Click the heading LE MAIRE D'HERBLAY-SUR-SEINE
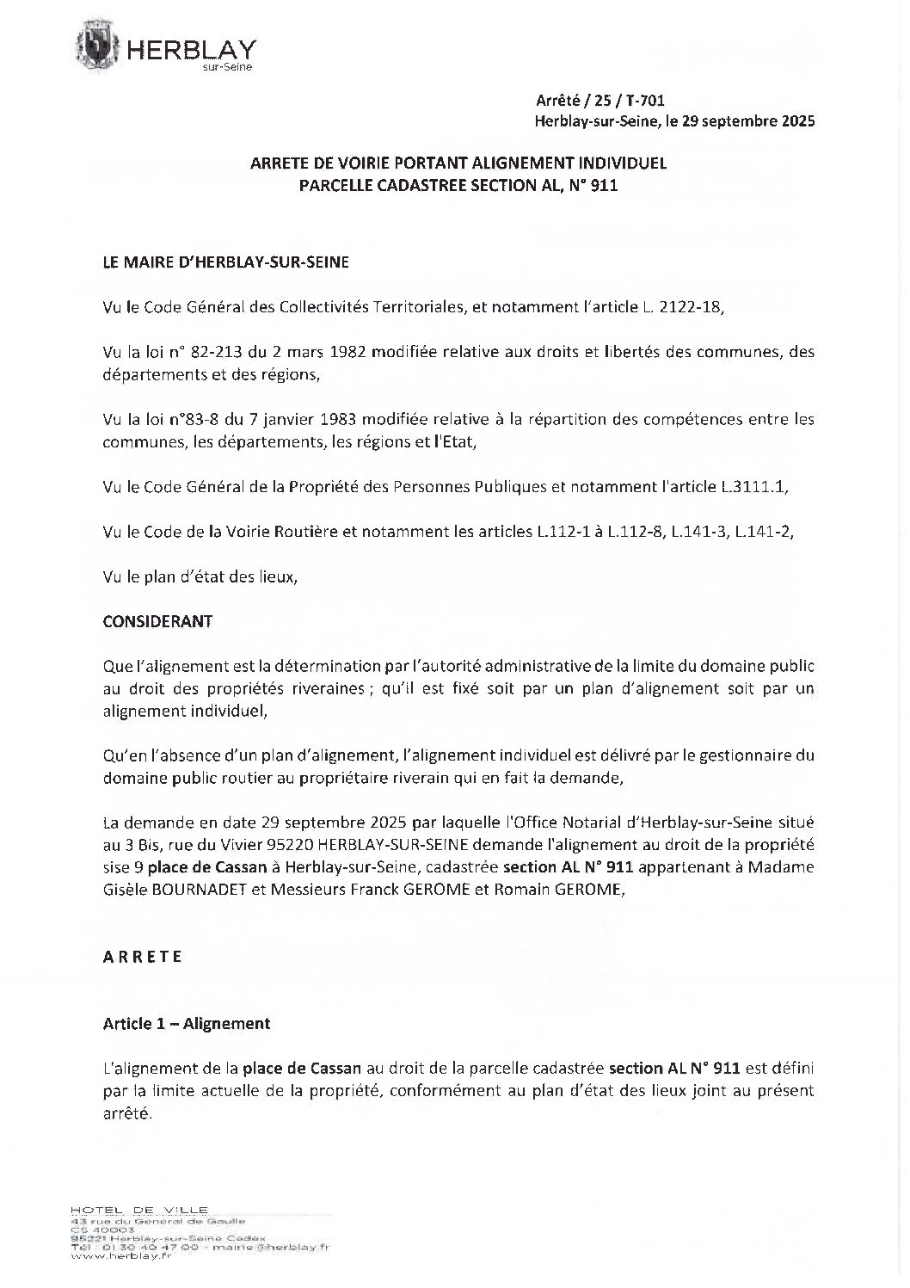tap(226, 262)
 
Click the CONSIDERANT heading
tap(157, 621)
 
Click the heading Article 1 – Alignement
tap(187, 1023)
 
